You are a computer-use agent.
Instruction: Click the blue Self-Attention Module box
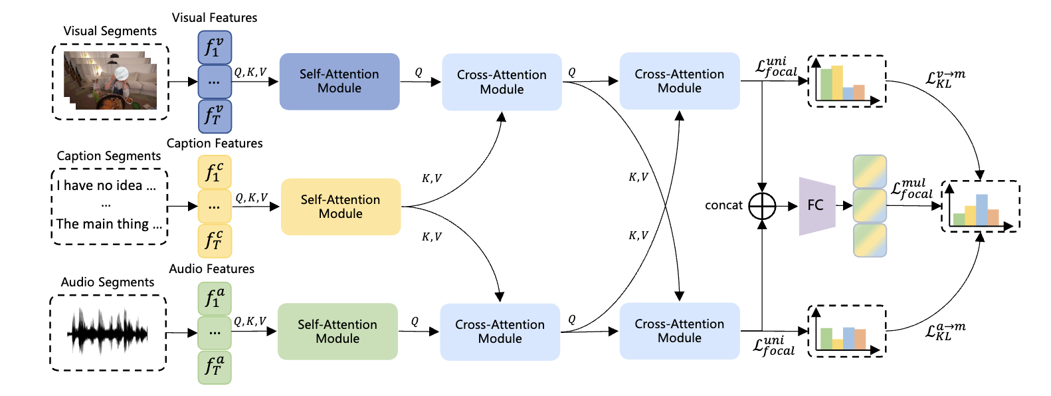click(x=339, y=81)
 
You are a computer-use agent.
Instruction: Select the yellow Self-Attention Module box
click(x=341, y=207)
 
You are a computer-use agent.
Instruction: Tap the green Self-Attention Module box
click(x=337, y=332)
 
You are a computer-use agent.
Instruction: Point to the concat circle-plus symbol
click(x=762, y=206)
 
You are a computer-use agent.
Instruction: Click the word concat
click(x=723, y=205)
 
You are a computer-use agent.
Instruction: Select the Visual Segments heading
click(x=110, y=31)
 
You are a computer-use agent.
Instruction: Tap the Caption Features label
click(x=215, y=144)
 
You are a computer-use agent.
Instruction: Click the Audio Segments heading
click(x=108, y=282)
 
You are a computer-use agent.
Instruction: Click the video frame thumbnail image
click(x=110, y=81)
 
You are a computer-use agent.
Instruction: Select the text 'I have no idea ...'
click(x=106, y=186)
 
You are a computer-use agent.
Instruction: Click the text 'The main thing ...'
click(x=109, y=224)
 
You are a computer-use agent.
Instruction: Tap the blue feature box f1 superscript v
click(x=215, y=48)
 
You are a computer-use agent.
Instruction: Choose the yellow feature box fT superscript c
click(x=215, y=241)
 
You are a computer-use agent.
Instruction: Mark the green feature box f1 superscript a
click(x=215, y=298)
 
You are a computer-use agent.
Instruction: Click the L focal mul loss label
click(x=911, y=189)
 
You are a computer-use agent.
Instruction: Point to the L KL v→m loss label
click(x=945, y=78)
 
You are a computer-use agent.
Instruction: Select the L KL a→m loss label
click(x=945, y=331)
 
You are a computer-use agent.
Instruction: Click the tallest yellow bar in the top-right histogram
click(x=837, y=82)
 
